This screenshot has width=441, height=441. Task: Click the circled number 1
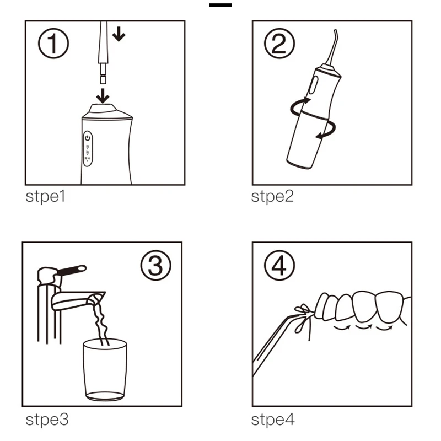coord(53,44)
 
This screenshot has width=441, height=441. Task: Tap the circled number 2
coord(279,44)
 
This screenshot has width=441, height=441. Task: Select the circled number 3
coord(155,265)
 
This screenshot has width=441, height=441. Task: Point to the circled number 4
coord(279,265)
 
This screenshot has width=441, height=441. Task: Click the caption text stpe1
coord(45,196)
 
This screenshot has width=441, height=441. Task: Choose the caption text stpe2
coord(272,196)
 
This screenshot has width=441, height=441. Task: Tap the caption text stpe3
coord(47,420)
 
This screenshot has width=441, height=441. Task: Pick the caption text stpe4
coord(272,420)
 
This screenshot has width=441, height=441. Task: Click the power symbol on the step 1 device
coord(88,138)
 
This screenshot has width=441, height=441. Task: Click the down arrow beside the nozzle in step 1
coord(119,34)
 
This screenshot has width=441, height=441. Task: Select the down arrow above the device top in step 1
coord(103,96)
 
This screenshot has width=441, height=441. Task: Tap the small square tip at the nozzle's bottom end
coord(103,79)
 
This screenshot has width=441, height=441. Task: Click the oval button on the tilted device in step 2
coord(313,85)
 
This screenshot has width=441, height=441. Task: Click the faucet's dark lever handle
coord(72,270)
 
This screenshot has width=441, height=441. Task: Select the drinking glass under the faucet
coord(105,369)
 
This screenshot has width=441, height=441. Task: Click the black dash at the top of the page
coord(220,5)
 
